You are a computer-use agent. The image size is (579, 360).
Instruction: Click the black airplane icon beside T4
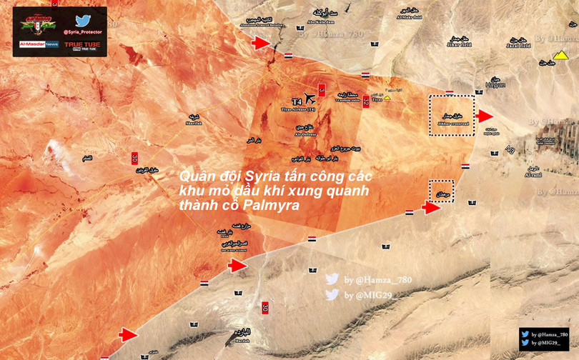[310, 99]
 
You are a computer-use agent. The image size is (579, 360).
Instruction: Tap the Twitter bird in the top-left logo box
[83, 20]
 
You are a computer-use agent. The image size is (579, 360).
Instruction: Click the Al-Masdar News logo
[39, 44]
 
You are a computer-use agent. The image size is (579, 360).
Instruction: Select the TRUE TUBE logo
[83, 46]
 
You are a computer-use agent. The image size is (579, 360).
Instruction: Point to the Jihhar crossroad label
[451, 124]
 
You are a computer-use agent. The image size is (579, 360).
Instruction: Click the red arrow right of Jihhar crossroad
[485, 116]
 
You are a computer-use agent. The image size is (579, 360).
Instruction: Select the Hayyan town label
[495, 85]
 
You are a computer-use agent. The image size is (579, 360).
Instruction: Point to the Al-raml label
[533, 174]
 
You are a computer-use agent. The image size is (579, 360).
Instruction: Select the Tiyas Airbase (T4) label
[297, 109]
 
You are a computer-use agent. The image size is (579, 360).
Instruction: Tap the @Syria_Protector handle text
[83, 32]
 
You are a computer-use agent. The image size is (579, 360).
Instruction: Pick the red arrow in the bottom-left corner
[128, 334]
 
